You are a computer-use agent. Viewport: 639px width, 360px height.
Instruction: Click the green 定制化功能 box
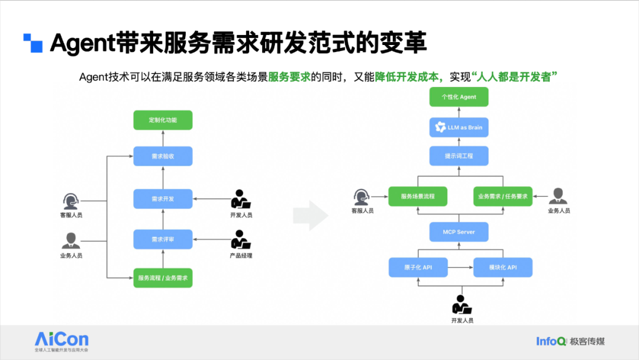pos(163,120)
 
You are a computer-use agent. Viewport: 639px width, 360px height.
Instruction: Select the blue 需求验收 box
pos(163,156)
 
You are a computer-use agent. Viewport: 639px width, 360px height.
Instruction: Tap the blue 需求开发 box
pos(163,198)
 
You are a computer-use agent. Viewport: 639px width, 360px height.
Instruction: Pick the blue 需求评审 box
pos(163,239)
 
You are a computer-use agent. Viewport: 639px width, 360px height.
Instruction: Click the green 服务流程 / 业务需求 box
pos(163,278)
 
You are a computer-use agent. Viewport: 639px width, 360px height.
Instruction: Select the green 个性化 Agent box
pos(459,97)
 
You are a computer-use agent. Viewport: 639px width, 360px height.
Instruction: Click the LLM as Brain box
pos(459,127)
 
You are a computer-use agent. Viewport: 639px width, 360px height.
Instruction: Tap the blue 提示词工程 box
pos(459,156)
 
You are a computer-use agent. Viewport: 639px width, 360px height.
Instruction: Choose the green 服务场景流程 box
pos(418,196)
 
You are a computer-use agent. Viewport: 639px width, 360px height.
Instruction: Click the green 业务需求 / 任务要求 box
pos(503,196)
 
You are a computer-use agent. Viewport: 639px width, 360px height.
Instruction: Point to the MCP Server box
pos(459,232)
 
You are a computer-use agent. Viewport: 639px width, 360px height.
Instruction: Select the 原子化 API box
pos(418,268)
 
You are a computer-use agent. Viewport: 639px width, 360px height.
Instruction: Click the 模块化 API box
pos(503,268)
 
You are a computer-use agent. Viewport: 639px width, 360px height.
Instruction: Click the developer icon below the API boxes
pos(461,304)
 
